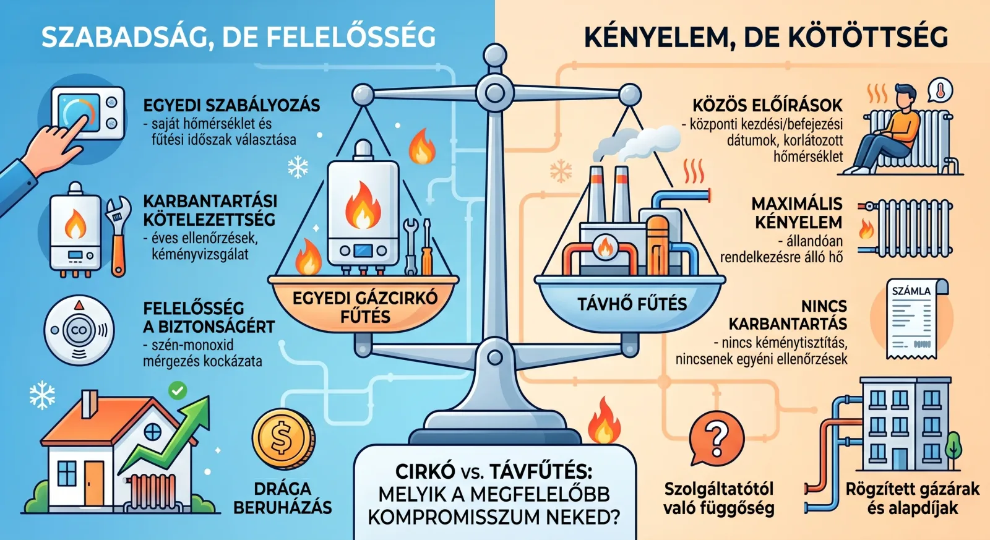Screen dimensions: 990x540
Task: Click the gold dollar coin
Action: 283,439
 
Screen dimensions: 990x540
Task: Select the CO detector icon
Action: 79,330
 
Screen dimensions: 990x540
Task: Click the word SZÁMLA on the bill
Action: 911,291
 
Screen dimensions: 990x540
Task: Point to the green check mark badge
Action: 178,391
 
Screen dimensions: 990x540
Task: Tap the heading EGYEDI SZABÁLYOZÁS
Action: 231,105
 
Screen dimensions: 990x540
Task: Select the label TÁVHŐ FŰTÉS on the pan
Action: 632,304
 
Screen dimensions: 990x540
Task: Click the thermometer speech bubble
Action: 940,91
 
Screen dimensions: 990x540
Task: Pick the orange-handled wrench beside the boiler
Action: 118,236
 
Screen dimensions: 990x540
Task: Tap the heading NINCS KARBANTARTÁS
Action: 788,315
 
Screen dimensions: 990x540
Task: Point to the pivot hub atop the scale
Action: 494,93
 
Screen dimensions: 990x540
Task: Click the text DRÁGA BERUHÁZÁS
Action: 282,499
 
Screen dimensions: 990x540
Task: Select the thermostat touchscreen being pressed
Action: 79,113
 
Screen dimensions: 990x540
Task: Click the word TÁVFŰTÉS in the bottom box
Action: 541,472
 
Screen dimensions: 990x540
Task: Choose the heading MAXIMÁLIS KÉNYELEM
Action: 797,213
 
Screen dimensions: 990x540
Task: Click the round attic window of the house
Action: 152,432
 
